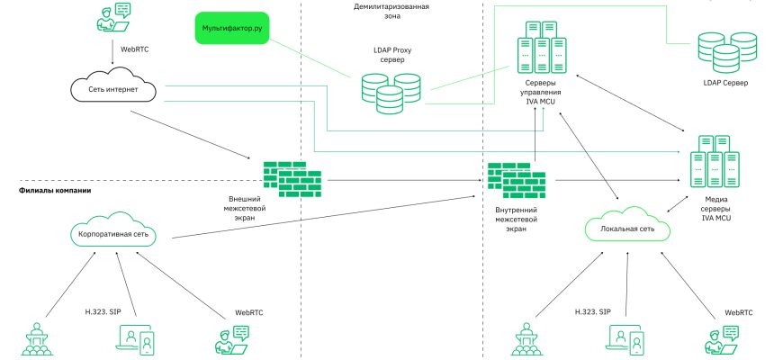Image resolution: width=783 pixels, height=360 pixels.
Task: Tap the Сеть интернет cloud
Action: tap(113, 89)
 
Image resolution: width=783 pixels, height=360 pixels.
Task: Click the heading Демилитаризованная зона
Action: tap(391, 11)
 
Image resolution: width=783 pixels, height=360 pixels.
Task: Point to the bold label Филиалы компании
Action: tap(55, 191)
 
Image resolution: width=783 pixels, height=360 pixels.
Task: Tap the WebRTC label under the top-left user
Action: tap(122, 49)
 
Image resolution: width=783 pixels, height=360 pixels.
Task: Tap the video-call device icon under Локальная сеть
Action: tap(624, 339)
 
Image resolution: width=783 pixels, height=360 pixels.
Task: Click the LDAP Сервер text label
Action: tap(725, 83)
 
